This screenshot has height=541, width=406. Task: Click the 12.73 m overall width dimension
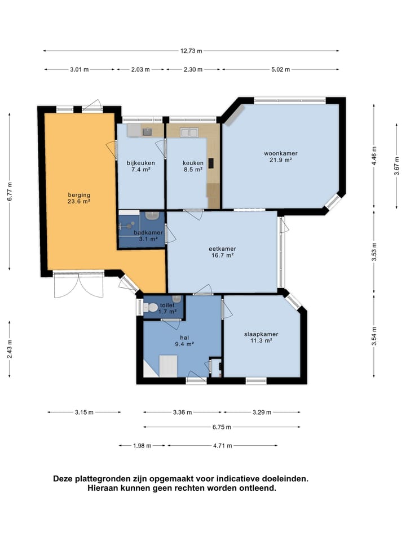point(191,51)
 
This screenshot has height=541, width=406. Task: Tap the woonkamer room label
point(281,153)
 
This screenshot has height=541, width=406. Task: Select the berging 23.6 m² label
point(79,198)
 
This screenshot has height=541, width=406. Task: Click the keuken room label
point(193,163)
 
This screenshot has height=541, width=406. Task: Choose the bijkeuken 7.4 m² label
point(140,166)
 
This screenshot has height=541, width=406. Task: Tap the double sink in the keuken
point(189,132)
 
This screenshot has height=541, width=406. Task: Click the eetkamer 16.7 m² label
point(222,252)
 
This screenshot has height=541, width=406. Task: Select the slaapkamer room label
point(261,334)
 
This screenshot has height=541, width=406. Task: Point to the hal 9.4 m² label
point(184,341)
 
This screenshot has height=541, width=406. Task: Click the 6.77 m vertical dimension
point(10,192)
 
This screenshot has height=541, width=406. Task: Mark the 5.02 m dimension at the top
point(280,69)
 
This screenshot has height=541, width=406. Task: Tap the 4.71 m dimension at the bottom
point(223,445)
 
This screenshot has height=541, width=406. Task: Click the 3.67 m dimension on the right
point(396,166)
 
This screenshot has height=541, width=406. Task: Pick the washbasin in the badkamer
point(152,216)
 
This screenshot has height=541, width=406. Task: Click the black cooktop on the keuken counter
point(210,163)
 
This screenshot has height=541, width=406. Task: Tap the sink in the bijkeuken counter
point(147,131)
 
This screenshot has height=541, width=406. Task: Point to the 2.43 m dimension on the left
point(10,349)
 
